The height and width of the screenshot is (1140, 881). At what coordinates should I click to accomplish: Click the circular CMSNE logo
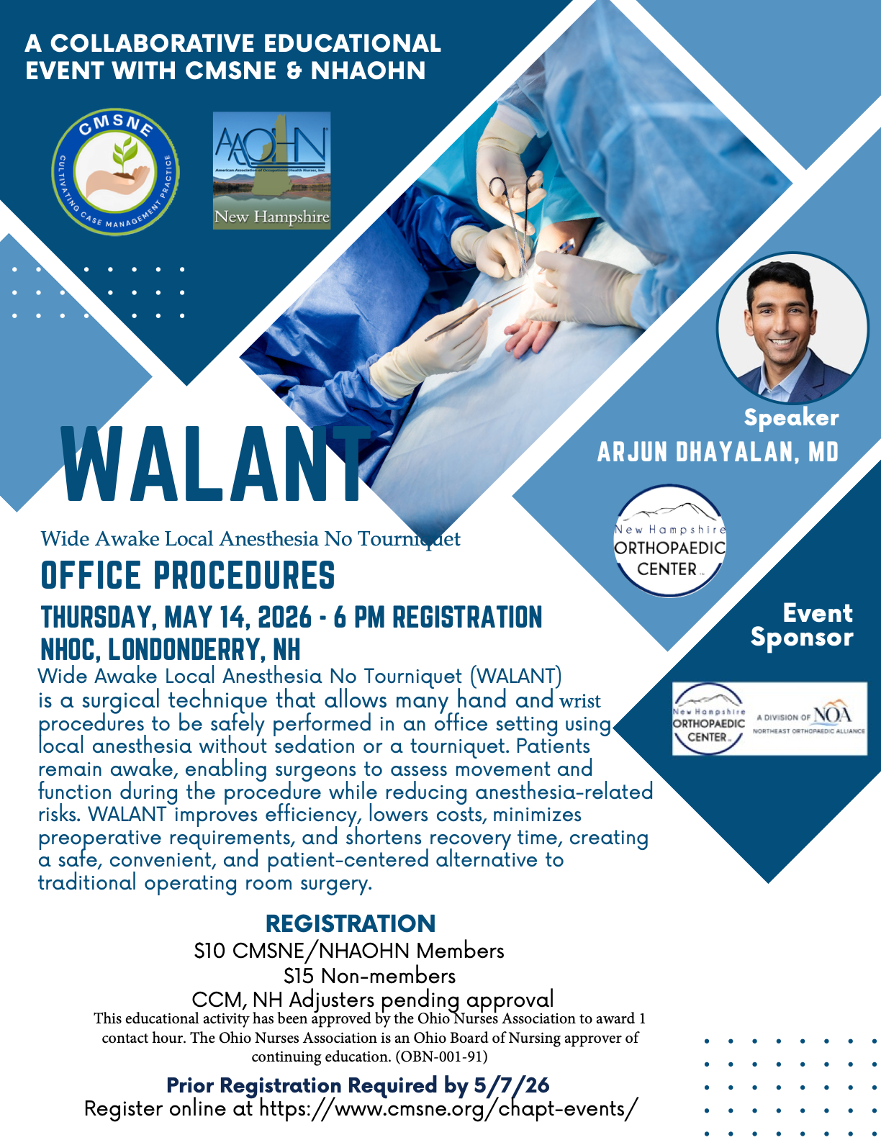pyautogui.click(x=115, y=171)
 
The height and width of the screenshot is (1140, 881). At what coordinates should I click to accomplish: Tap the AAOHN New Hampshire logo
pyautogui.click(x=272, y=171)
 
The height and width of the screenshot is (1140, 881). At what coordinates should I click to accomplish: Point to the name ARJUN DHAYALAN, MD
pyautogui.click(x=718, y=452)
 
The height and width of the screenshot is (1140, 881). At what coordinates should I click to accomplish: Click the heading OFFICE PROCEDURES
pyautogui.click(x=188, y=575)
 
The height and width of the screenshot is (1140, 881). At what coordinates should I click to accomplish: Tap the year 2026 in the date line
pyautogui.click(x=285, y=617)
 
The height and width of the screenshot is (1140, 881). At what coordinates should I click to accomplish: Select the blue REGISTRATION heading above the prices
pyautogui.click(x=351, y=924)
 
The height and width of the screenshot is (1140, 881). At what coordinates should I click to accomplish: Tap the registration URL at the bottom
pyautogui.click(x=448, y=1109)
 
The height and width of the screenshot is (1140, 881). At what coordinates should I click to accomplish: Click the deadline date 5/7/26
pyautogui.click(x=512, y=1085)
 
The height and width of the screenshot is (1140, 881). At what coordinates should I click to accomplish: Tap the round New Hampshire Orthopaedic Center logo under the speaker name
pyautogui.click(x=669, y=540)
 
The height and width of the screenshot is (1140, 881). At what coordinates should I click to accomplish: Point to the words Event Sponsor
pyautogui.click(x=802, y=625)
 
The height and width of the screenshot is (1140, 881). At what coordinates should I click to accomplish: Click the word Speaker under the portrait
pyautogui.click(x=791, y=417)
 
